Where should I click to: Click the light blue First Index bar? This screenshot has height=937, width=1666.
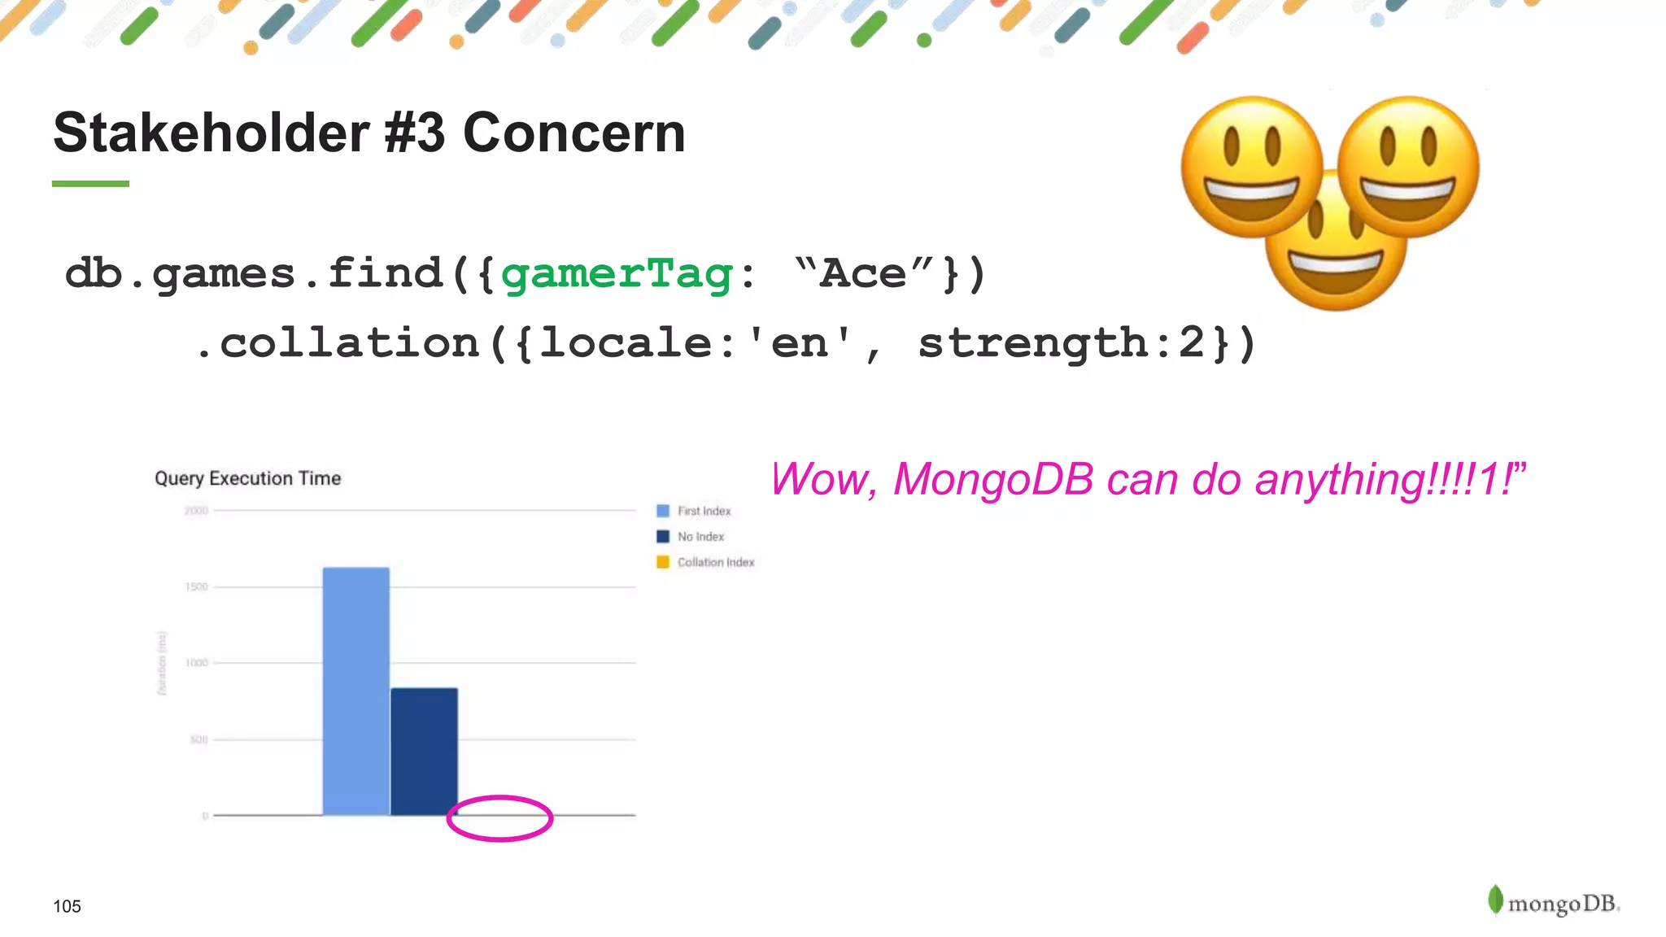(355, 691)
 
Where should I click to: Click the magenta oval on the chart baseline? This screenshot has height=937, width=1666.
(499, 818)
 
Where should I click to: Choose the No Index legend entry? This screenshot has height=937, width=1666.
(691, 537)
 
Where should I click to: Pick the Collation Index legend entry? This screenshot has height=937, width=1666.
(705, 562)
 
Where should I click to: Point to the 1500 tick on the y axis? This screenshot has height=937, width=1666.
(196, 586)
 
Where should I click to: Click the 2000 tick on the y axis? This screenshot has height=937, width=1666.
(196, 511)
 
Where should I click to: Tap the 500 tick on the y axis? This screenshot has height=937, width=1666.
(198, 739)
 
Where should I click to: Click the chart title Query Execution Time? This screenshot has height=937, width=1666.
(247, 478)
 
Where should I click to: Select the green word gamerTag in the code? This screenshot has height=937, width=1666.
(617, 273)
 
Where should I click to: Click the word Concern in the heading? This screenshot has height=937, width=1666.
(574, 133)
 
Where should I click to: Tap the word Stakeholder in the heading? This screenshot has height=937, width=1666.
(212, 133)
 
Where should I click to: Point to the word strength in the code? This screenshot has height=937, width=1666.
(1032, 342)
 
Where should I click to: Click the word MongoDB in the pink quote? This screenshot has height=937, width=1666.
(992, 479)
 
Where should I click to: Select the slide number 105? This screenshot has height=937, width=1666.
(67, 906)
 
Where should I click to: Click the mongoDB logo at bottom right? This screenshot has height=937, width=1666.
(1554, 901)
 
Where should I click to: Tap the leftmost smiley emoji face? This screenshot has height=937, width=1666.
(1251, 167)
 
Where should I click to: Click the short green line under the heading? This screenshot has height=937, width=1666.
(90, 184)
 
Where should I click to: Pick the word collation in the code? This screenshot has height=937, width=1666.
(350, 342)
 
